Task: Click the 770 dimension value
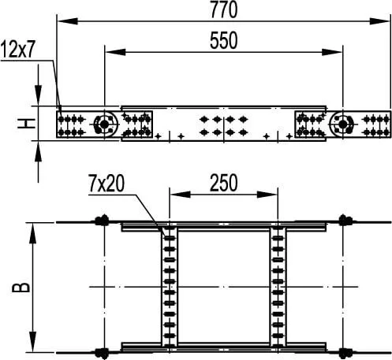pos(224,9)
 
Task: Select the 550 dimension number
pos(224,40)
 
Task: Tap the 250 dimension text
pos(224,183)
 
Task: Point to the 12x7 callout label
pos(17,50)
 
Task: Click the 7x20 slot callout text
pos(106,184)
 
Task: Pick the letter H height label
pos(26,124)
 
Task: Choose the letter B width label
pos(21,288)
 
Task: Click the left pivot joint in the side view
pos(105,124)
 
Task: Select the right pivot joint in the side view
pos(342,124)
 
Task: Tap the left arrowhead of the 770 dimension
pos(67,21)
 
